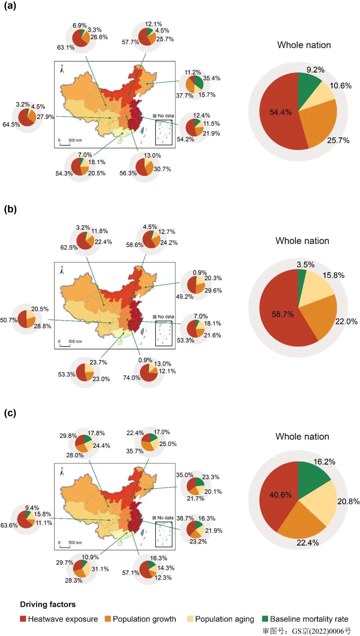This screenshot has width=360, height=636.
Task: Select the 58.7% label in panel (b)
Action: (x=283, y=314)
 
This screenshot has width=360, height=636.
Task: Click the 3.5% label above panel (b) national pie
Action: (x=305, y=265)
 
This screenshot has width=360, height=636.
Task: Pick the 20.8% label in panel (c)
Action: (x=348, y=501)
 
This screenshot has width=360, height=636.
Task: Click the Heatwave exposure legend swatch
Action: (x=23, y=619)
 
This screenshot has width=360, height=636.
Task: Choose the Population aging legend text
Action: (x=224, y=619)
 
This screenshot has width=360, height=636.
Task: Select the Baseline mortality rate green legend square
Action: (x=265, y=619)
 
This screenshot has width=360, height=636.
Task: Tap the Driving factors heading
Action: (x=48, y=604)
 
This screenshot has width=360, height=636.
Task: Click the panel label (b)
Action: (x=10, y=209)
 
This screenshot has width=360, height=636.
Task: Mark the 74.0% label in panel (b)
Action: (x=131, y=377)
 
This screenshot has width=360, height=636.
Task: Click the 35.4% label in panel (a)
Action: (x=211, y=78)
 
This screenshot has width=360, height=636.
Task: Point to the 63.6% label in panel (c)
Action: (x=9, y=525)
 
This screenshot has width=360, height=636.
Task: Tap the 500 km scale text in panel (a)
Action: (x=75, y=140)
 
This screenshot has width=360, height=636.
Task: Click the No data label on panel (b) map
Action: (x=166, y=317)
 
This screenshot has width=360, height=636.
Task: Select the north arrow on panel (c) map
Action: (x=62, y=471)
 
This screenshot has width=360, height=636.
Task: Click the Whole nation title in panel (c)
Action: (x=302, y=436)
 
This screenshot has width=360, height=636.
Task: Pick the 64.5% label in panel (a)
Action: (x=11, y=125)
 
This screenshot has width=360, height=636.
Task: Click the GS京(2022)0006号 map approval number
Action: (x=321, y=631)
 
